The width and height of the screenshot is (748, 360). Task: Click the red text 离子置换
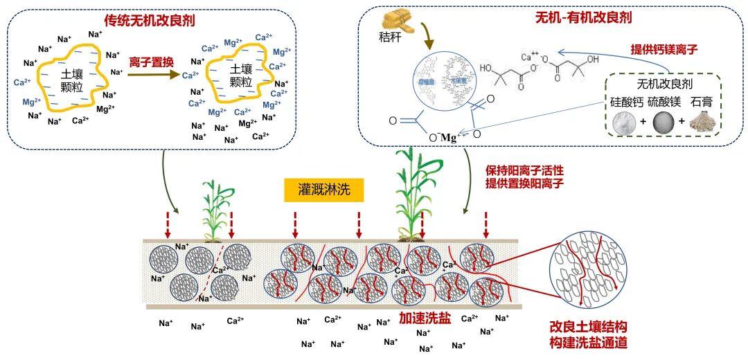pos(151,62)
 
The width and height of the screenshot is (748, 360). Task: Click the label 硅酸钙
pos(627,102)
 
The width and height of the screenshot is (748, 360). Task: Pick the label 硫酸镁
pos(666,102)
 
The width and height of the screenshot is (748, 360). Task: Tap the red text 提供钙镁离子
pos(663,50)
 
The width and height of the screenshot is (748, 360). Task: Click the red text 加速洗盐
pos(425,318)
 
